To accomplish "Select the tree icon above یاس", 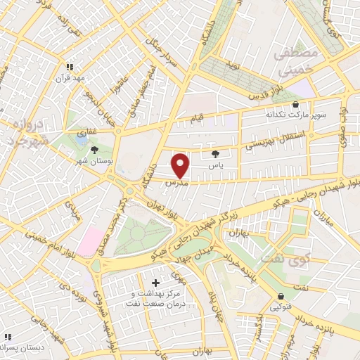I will pyautogui.click(x=215, y=153).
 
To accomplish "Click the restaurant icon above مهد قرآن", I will pyautogui.click(x=70, y=67).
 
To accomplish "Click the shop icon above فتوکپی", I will pyautogui.click(x=281, y=296).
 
